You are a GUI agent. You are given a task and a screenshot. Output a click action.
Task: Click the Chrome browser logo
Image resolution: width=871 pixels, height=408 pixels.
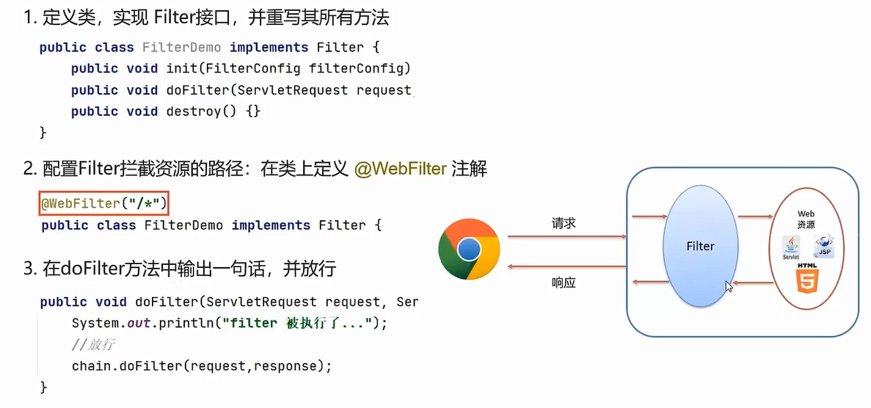point(470,249)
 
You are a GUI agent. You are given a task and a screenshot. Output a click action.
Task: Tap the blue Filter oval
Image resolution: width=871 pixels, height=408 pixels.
point(700,247)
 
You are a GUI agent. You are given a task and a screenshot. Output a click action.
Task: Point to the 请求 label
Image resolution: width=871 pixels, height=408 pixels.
point(564,223)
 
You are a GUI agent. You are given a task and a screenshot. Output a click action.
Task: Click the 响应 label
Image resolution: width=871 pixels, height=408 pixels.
point(564,283)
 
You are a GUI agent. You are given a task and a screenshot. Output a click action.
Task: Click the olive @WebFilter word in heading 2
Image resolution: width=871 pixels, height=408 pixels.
point(400,169)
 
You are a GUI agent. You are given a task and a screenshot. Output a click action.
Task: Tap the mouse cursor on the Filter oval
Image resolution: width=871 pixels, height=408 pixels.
point(729,286)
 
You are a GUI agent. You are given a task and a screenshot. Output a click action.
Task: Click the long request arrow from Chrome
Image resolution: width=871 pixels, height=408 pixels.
point(565,236)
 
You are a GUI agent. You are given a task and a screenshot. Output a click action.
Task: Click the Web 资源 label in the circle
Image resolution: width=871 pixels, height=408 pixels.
point(806,219)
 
